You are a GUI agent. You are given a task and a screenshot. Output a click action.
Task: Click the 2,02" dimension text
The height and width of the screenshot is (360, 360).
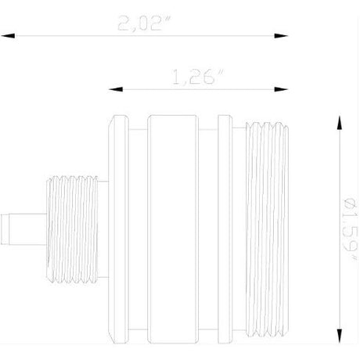pos(142,24)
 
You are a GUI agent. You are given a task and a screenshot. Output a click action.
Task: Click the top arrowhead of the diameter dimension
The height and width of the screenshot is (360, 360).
pos(338,122)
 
